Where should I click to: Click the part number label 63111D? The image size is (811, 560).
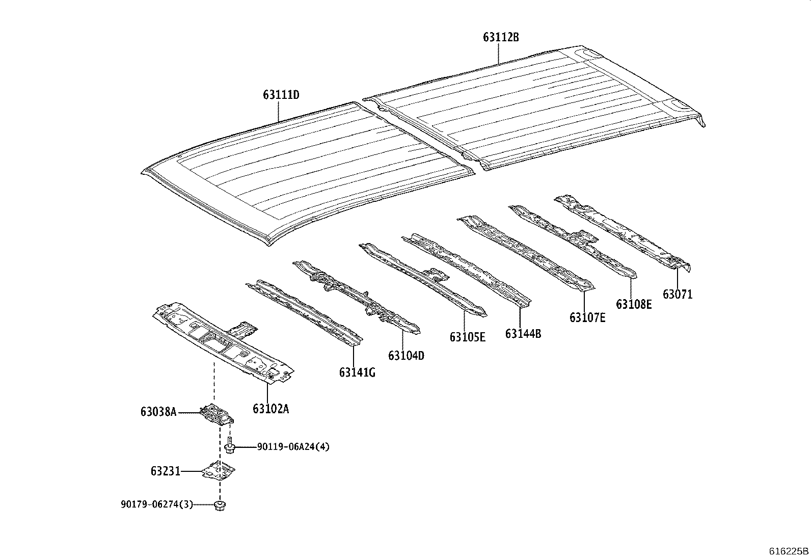281,95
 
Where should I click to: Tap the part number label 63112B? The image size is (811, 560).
501,37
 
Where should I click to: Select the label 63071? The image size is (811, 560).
678,294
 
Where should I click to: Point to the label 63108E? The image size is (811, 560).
634,304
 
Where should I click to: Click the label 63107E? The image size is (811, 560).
587,317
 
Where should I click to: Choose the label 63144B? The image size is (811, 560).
523,334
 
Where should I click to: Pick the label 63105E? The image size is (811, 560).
467,337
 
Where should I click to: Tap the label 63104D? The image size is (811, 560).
406,355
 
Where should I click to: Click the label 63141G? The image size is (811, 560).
357,372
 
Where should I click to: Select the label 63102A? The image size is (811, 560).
271,409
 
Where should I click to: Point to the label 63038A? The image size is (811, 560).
158,412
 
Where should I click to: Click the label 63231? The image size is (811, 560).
166,471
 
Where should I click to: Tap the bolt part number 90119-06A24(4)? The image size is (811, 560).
293,447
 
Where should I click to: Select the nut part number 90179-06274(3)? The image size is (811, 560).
157,504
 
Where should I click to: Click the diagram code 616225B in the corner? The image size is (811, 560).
789,551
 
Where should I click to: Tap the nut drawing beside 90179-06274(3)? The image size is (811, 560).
221,505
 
